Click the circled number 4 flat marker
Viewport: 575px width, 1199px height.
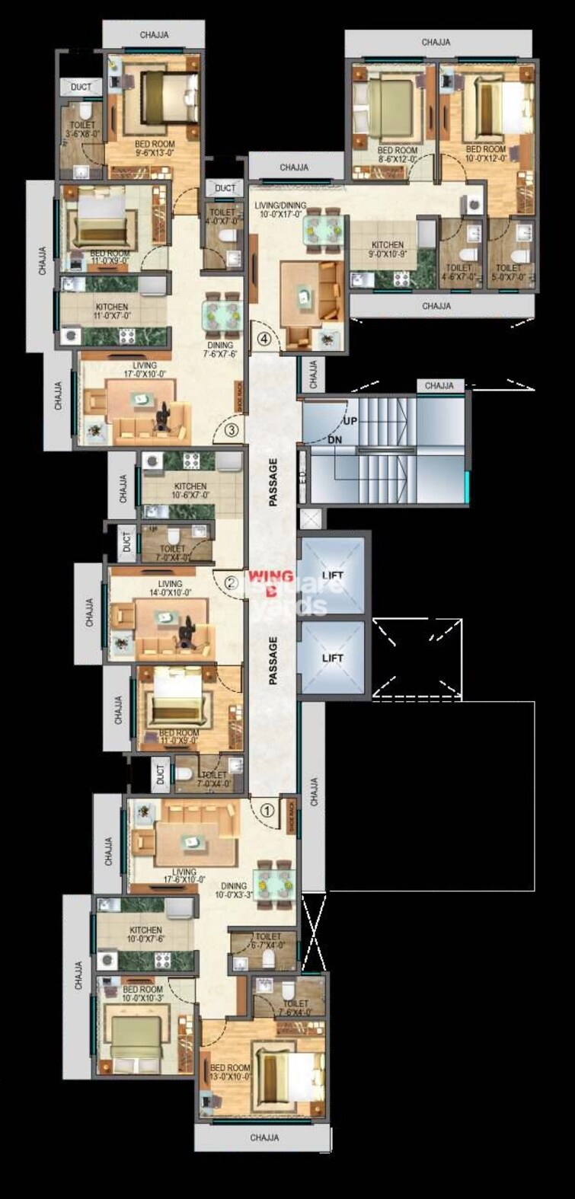[264, 340]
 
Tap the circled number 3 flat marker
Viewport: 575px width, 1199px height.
[233, 431]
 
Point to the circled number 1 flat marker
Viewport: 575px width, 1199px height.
[267, 811]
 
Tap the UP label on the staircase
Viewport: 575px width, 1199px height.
[350, 420]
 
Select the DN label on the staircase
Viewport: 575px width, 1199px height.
[334, 440]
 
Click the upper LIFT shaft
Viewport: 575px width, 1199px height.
[332, 575]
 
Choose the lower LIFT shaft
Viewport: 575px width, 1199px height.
[332, 657]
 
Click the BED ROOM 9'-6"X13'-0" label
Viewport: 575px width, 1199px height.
[155, 148]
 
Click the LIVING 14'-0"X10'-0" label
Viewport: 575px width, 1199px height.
[171, 588]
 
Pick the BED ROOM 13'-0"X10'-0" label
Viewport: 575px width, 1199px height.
[230, 1073]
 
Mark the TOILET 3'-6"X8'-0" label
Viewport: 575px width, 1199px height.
[82, 129]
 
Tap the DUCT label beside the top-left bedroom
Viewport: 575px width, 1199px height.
[81, 88]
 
